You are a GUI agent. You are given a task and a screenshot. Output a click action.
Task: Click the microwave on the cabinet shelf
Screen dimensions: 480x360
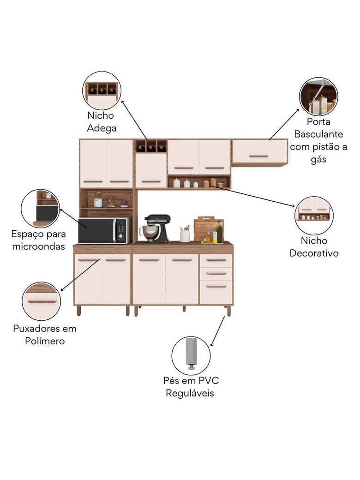[104, 230]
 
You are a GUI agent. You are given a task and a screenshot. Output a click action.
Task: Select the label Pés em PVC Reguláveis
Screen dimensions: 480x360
[191, 387]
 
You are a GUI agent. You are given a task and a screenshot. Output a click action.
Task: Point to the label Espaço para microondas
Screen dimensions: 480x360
[39, 240]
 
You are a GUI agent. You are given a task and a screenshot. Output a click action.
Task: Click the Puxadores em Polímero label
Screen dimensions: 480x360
[45, 335]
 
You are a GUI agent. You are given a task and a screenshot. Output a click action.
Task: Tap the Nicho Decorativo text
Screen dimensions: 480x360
[314, 246]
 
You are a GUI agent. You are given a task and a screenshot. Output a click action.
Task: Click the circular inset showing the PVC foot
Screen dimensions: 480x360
[191, 356]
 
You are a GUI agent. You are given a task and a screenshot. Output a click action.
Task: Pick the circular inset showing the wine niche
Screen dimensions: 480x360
[102, 90]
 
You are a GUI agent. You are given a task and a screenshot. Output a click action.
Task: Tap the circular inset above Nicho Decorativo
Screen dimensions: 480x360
[314, 215]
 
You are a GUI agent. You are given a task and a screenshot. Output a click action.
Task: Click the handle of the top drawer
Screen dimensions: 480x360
[216, 260]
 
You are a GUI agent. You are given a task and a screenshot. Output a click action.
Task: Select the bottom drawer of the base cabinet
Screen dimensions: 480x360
[216, 292]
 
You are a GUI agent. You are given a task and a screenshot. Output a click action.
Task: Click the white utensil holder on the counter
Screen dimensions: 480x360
[185, 235]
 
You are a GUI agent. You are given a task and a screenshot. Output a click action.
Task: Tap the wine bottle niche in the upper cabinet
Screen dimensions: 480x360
[151, 146]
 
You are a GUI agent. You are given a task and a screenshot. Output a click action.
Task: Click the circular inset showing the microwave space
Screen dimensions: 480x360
[41, 208]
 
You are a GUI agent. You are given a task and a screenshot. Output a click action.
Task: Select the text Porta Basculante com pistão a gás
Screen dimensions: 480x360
[318, 140]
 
